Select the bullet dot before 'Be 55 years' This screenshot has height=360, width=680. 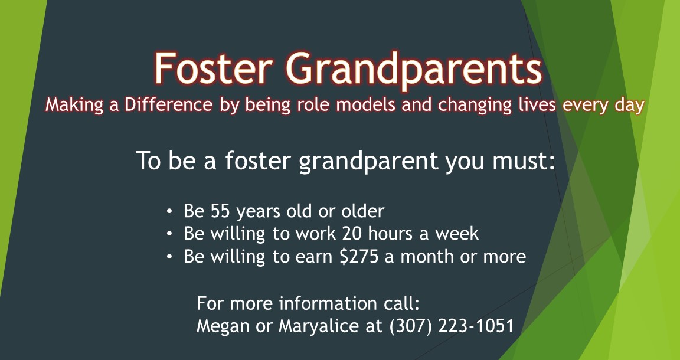click(x=170, y=211)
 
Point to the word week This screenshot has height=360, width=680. click(x=457, y=234)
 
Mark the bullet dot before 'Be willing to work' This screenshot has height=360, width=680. click(x=170, y=234)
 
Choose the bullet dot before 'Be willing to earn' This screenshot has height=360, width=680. click(x=170, y=258)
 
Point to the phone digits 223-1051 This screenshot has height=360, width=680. click(x=476, y=326)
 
